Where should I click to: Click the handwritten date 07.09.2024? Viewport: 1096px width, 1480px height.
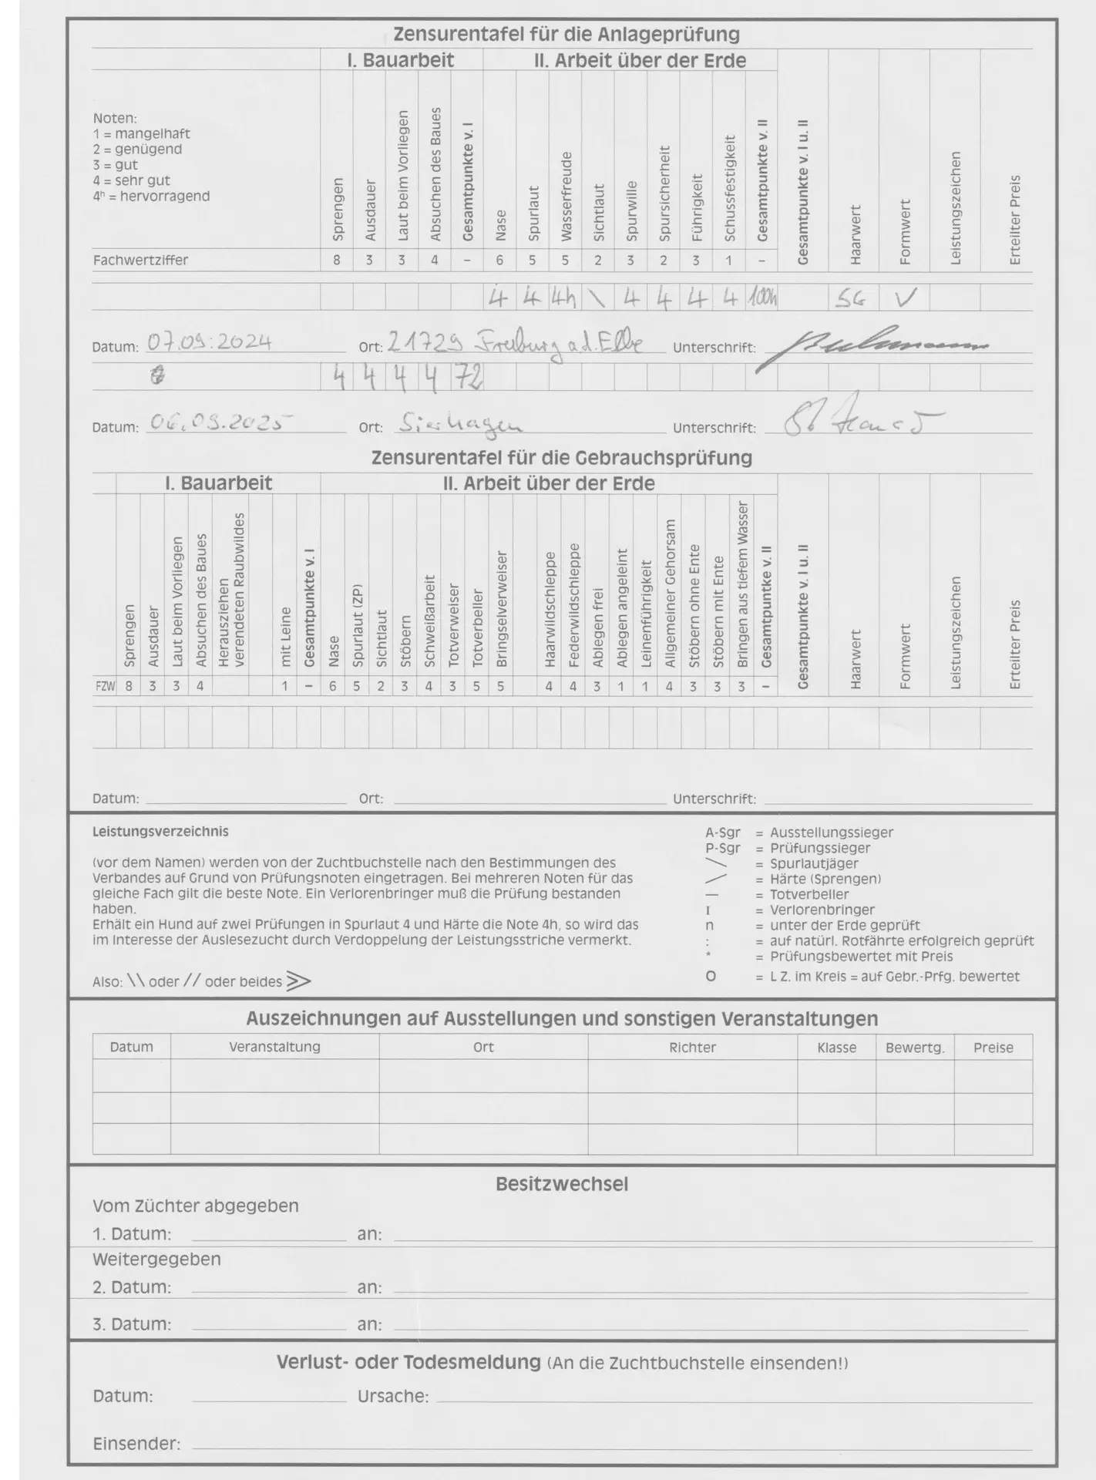tap(210, 341)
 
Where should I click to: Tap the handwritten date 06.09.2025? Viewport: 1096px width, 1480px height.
tap(221, 422)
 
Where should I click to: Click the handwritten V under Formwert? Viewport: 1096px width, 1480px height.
tap(905, 298)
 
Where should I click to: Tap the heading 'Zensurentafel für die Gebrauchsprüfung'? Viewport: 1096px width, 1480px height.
tap(561, 458)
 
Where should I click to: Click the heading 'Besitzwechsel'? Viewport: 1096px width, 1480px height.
tap(561, 1184)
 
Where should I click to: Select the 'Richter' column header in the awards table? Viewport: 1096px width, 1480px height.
tap(692, 1048)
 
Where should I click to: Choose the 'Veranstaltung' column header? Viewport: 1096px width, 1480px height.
tap(274, 1047)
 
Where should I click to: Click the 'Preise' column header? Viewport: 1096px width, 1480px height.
tap(993, 1048)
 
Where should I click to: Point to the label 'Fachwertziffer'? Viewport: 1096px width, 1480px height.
tap(140, 261)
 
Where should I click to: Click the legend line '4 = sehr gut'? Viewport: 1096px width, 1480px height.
tap(132, 180)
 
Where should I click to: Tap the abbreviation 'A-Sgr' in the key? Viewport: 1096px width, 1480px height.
tap(722, 832)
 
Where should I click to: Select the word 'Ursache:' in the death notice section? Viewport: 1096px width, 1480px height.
tap(393, 1396)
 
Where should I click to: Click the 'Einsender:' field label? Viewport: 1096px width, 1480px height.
tap(136, 1444)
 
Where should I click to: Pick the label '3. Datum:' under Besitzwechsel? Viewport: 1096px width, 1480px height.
tap(132, 1324)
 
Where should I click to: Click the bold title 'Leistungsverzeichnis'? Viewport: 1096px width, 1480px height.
tap(160, 832)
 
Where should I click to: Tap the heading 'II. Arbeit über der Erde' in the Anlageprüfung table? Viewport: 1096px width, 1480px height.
tap(640, 61)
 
